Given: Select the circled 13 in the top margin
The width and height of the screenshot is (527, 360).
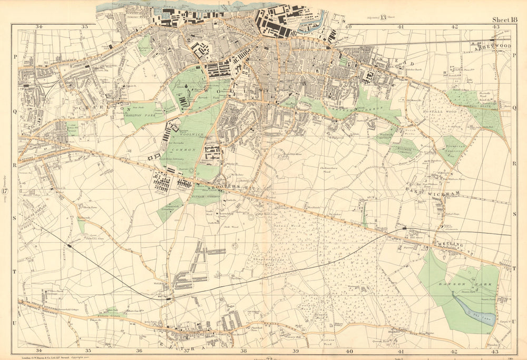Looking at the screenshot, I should coord(380,17).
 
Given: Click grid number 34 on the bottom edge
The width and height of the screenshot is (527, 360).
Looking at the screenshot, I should coord(38,350).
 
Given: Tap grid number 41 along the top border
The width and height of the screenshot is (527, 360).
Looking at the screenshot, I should coord(401,26).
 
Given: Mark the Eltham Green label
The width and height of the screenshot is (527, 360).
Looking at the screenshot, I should coord(108,315).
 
